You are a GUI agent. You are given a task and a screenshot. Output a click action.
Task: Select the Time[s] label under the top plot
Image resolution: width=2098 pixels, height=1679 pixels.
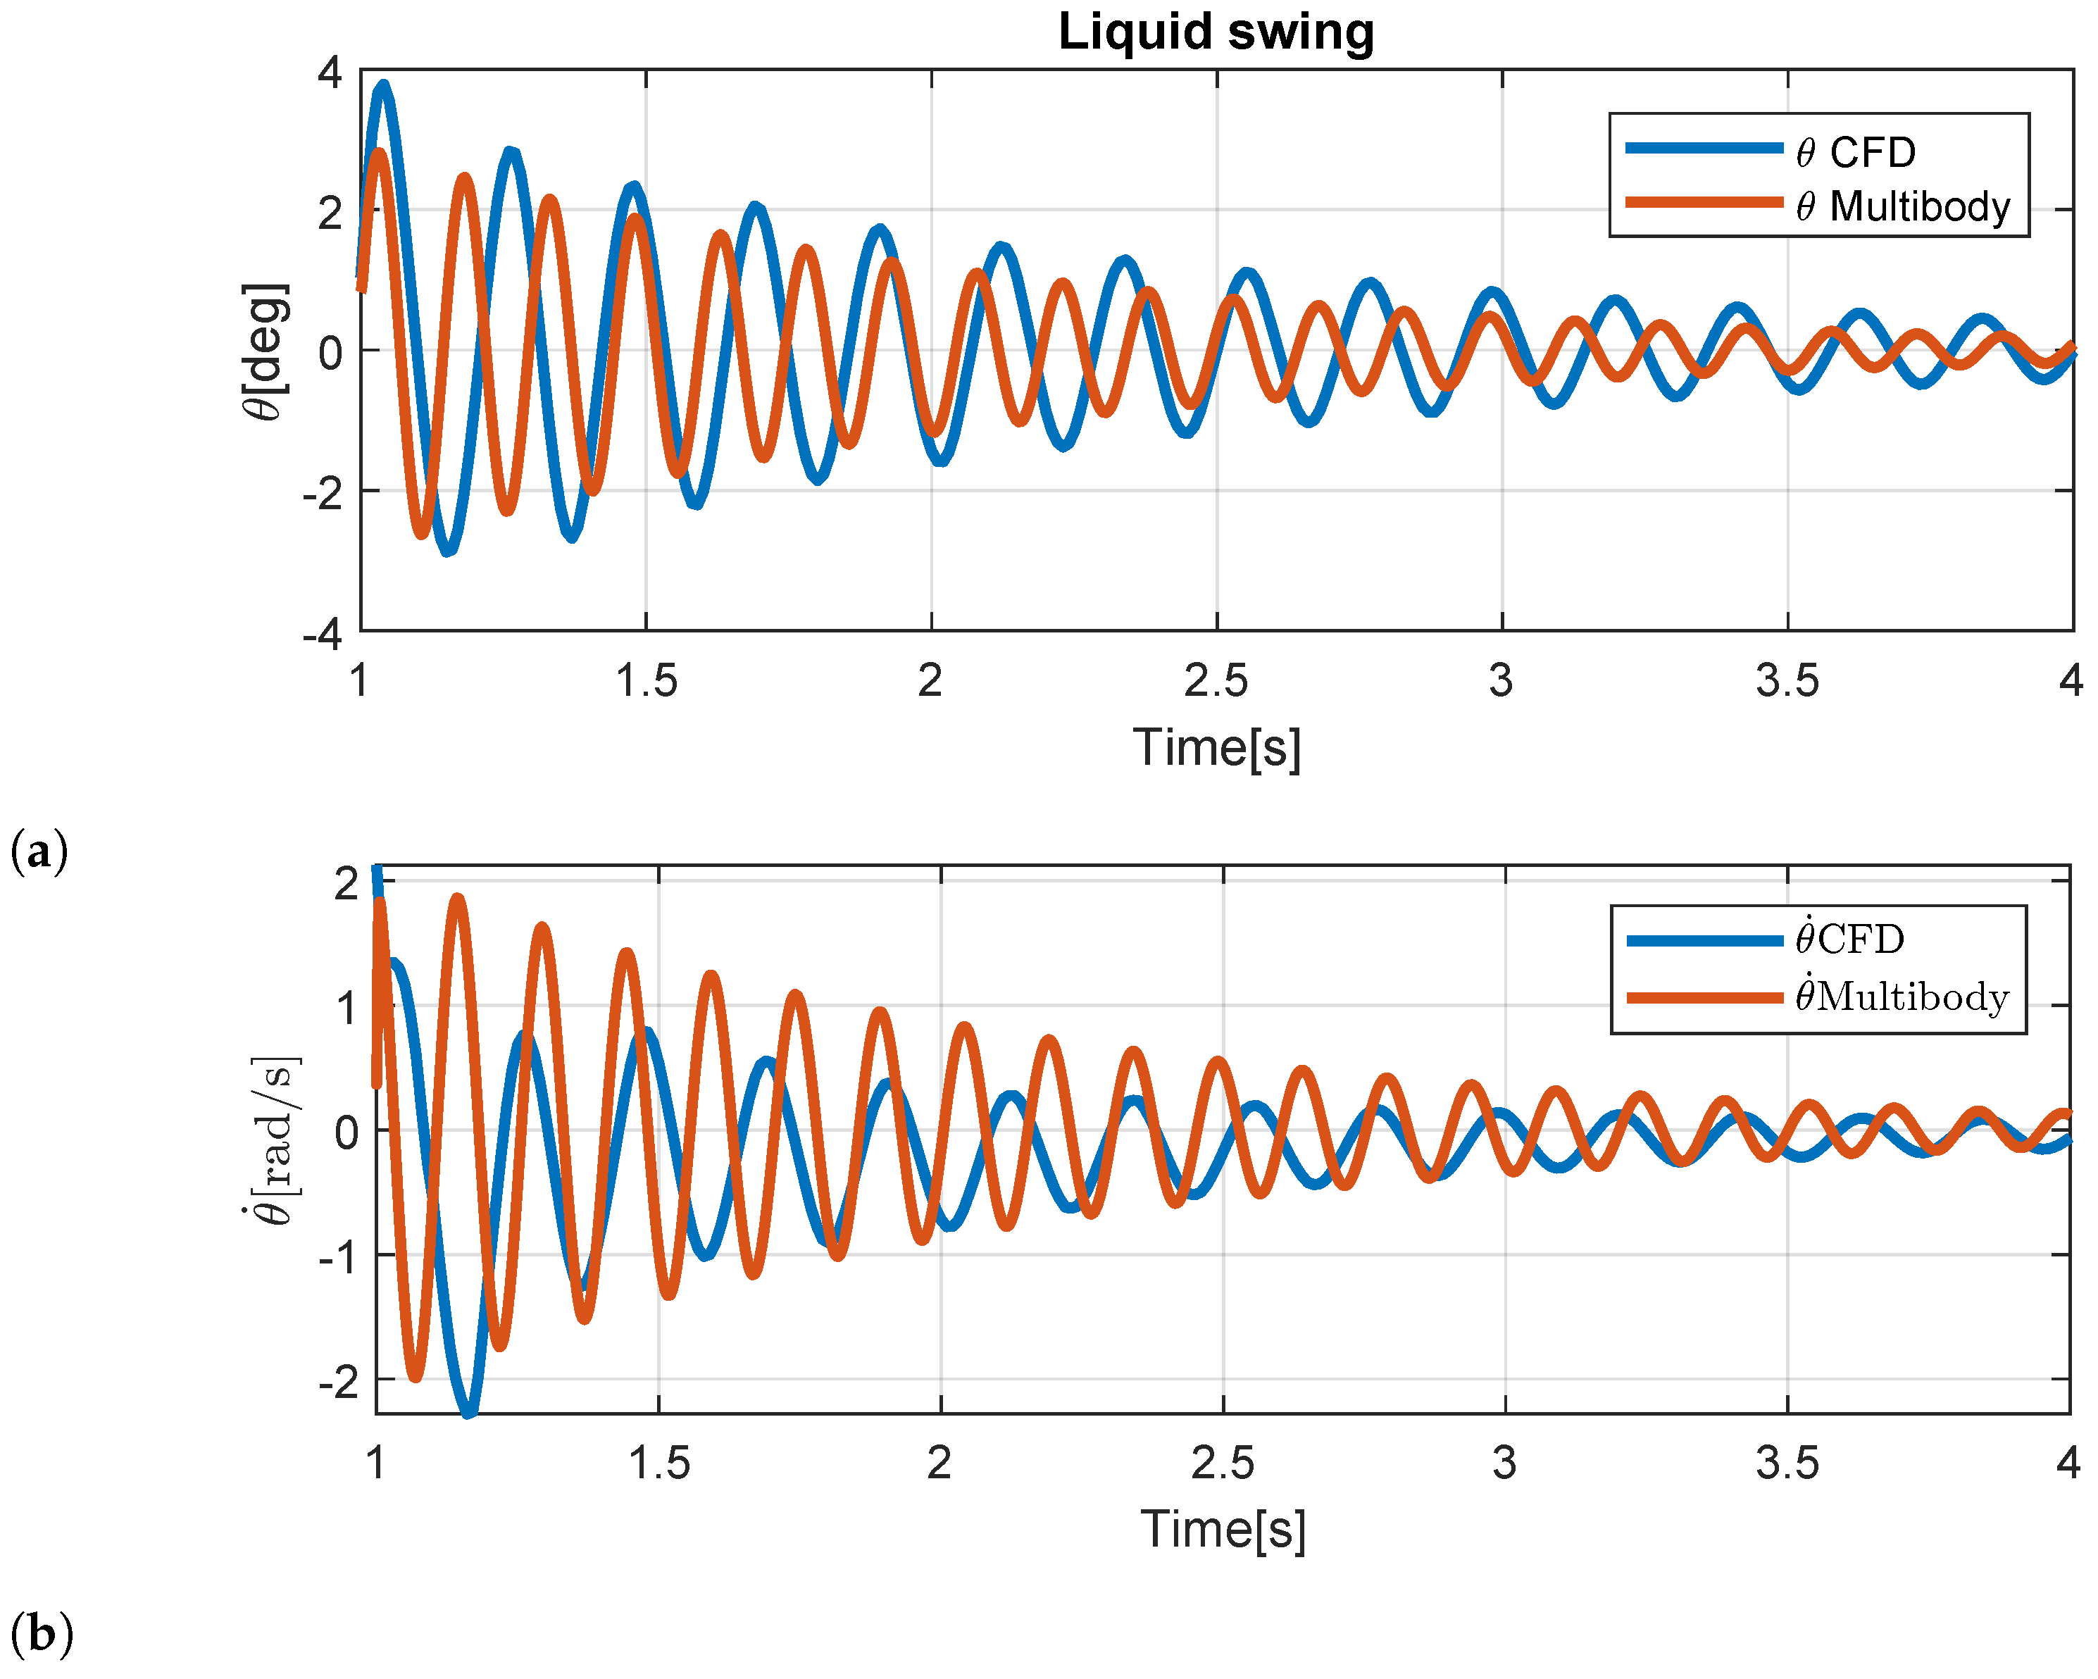point(1216,747)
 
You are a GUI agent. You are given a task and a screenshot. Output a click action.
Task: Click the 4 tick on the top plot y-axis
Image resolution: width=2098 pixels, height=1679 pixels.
point(330,73)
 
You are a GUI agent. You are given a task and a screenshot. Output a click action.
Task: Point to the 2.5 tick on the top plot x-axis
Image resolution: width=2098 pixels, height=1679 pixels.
point(1216,680)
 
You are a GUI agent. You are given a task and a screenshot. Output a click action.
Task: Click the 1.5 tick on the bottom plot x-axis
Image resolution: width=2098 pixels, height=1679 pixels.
point(658,1463)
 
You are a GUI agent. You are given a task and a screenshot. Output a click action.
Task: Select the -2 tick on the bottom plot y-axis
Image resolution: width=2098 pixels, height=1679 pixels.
point(337,1380)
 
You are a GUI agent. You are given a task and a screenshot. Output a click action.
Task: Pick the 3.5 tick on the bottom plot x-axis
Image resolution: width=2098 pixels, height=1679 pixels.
point(1787,1463)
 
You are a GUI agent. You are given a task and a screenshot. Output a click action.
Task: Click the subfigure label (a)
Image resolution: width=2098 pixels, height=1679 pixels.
point(39,853)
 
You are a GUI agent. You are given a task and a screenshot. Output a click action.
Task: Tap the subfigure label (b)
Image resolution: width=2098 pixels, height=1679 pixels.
point(41,1633)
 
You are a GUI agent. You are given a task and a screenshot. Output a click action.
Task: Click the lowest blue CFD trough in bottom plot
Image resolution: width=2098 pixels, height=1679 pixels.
point(469,1411)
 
